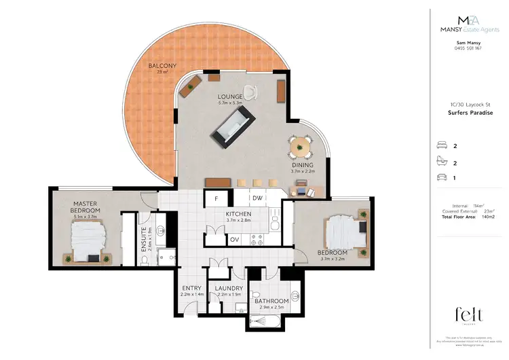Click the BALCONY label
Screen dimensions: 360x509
click(163, 66)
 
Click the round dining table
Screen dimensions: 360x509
click(299, 145)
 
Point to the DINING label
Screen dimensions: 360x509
click(302, 165)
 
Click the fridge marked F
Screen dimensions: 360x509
click(216, 199)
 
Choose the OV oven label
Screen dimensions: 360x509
click(233, 239)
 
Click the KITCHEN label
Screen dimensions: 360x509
click(239, 214)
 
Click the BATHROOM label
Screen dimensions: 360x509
click(271, 301)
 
